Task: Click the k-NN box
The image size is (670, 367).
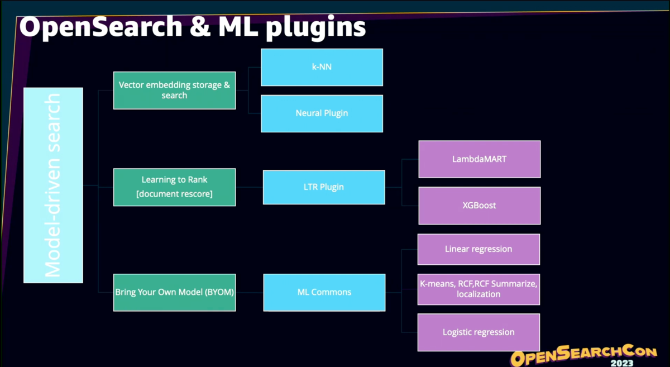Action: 322,67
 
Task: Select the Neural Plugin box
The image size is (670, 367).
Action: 322,113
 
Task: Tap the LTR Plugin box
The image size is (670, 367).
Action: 324,187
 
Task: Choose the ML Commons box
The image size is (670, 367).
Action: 324,292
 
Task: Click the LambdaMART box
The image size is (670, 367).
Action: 479,159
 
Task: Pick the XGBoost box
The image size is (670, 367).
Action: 479,206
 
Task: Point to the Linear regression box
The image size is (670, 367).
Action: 478,249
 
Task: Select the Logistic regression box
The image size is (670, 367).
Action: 478,332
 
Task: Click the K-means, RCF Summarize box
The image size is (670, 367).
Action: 478,289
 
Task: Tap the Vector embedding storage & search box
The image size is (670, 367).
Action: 174,90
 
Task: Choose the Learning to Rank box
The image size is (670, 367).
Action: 174,187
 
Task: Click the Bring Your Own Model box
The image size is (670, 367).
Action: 174,292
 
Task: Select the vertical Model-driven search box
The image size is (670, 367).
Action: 53,185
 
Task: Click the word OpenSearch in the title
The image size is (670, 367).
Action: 100,28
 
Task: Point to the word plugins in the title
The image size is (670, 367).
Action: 315,28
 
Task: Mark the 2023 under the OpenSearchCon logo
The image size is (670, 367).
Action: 621,363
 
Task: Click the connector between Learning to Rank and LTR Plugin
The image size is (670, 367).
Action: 249,187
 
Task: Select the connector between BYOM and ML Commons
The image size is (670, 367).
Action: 249,292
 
